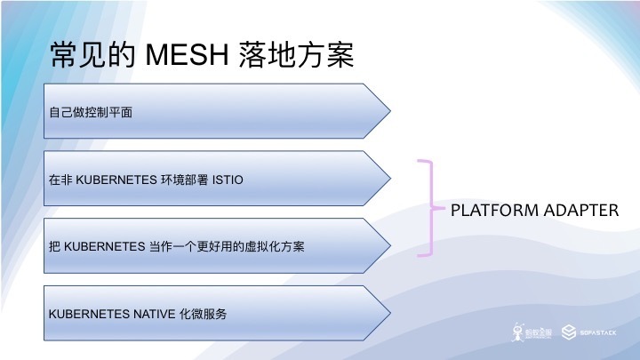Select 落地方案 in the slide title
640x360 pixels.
(297, 55)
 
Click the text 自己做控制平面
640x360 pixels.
(90, 113)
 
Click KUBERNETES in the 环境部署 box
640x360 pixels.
(114, 180)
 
